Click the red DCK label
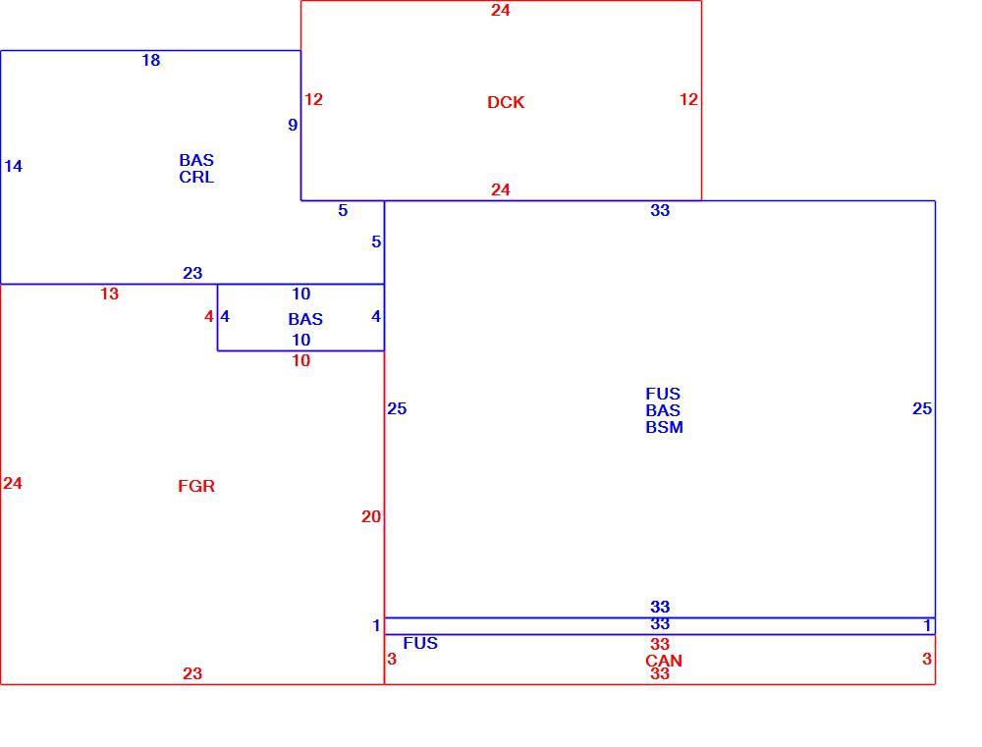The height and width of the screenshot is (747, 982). [x=506, y=102]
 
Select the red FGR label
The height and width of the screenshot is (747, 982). [x=196, y=486]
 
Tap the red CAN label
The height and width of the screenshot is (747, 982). [x=663, y=661]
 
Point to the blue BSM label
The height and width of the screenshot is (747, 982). [x=664, y=427]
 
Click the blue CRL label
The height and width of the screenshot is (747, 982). [x=196, y=178]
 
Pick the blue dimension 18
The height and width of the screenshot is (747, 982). [x=151, y=60]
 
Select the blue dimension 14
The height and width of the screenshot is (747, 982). [x=13, y=166]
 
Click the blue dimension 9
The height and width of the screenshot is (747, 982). [x=293, y=126]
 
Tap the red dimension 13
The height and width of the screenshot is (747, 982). [x=110, y=293]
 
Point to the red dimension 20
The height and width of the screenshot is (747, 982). [x=371, y=516]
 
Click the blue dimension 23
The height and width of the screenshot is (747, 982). [x=192, y=273]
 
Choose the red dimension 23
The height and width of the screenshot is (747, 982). [x=192, y=673]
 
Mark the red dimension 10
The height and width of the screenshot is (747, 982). [x=300, y=360]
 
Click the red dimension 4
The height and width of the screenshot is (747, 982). [x=208, y=317]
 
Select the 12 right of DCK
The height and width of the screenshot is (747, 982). [x=688, y=99]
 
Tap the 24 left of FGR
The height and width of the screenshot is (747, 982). [x=13, y=483]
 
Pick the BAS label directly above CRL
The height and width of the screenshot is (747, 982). [x=196, y=160]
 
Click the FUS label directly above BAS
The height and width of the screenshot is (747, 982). [x=663, y=394]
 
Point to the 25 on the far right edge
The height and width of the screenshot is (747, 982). [x=922, y=409]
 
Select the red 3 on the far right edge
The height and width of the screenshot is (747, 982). [x=927, y=659]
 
